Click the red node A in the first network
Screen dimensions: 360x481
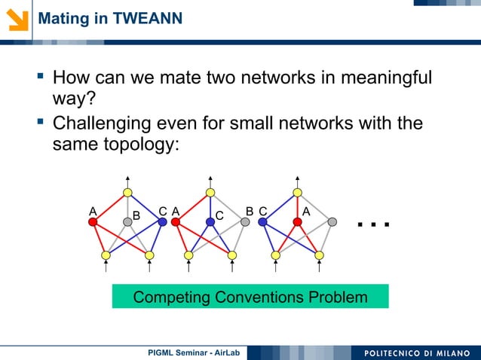pos(92,222)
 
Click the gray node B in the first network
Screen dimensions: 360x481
pos(127,222)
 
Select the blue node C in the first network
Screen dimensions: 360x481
pos(162,222)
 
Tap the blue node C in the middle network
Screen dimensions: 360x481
pos(210,222)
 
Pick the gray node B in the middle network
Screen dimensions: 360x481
pos(246,222)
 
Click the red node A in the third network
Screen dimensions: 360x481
pos(297,222)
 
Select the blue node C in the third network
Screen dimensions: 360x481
pos(262,222)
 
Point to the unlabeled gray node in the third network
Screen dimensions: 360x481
pos(332,222)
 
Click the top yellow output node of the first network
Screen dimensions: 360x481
pos(127,193)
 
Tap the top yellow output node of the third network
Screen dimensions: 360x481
pos(297,193)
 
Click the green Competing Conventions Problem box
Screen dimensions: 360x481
pos(250,297)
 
